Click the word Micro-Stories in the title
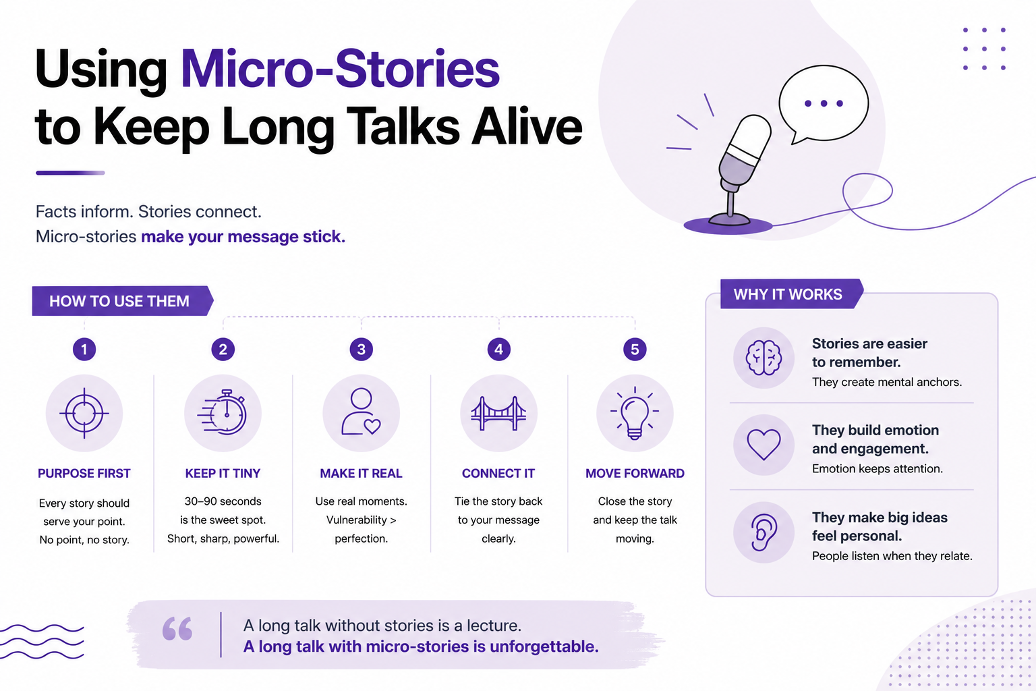[x=340, y=70]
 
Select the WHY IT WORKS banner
[x=792, y=294]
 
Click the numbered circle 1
[x=84, y=350]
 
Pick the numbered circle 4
[x=498, y=350]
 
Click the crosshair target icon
[x=84, y=413]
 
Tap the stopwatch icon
[x=223, y=412]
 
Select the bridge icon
[x=498, y=413]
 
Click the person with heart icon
[x=361, y=412]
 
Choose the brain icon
[x=764, y=358]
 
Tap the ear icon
[x=764, y=532]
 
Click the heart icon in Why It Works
[x=764, y=444]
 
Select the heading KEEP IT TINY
[x=223, y=474]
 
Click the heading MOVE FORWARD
[x=635, y=474]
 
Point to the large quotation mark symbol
[x=177, y=628]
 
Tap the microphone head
[x=745, y=148]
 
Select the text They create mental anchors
[x=887, y=383]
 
